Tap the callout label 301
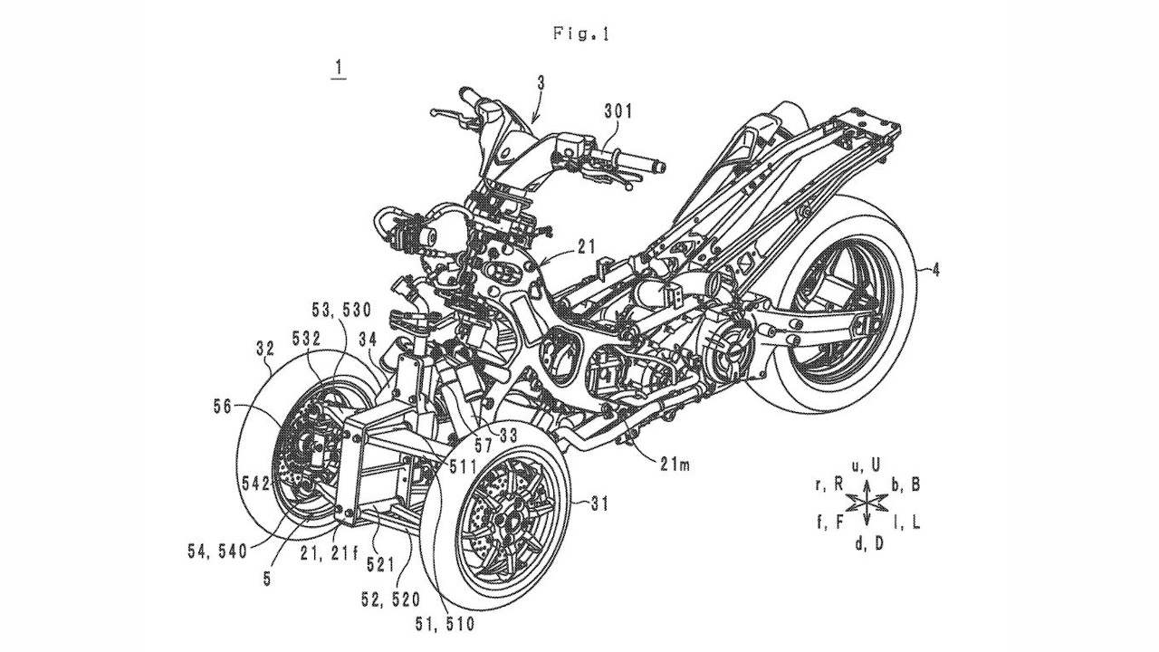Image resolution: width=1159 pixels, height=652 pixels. tap(618, 112)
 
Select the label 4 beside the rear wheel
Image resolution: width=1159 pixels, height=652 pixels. tap(935, 269)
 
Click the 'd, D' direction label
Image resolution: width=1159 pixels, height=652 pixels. tap(867, 543)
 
